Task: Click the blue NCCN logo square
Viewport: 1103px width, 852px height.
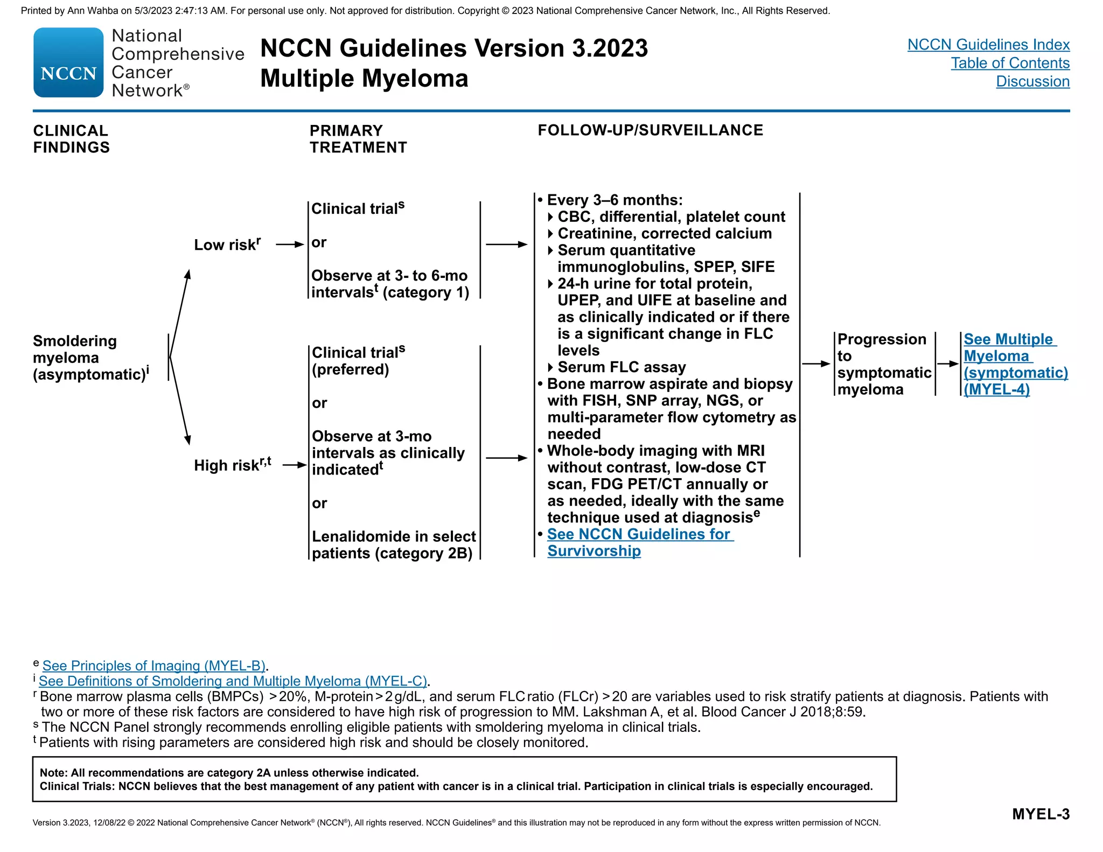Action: pos(68,62)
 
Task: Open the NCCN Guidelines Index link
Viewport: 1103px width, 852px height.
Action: pos(988,45)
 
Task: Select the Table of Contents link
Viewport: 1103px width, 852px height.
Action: pos(1010,63)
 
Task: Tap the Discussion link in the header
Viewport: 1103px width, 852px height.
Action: pos(1032,81)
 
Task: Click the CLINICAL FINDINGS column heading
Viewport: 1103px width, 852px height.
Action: pos(71,139)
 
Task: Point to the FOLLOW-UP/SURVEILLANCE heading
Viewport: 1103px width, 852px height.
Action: pos(650,130)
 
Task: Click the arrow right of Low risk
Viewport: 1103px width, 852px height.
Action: pos(290,245)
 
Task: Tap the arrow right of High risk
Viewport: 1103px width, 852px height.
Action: pos(295,465)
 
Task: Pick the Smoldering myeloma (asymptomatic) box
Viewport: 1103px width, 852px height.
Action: pos(90,358)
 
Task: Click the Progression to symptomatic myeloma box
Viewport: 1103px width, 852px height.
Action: pos(884,364)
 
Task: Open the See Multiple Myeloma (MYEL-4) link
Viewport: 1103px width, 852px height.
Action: pos(1015,364)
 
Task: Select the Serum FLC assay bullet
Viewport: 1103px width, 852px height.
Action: pos(621,367)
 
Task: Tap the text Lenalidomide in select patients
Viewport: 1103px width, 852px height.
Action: pos(393,544)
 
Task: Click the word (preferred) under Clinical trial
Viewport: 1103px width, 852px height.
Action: pos(350,369)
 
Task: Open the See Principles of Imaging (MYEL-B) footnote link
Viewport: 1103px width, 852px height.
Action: pos(153,666)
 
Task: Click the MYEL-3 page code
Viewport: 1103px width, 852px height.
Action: pos(1041,814)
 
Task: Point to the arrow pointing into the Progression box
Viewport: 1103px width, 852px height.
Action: pos(816,364)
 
